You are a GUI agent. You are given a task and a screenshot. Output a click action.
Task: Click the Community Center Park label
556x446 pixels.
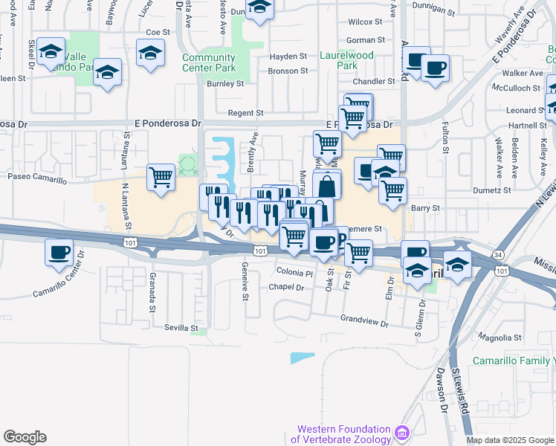tap(209, 62)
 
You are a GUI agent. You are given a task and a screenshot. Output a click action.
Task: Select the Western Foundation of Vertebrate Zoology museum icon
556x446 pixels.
tap(403, 432)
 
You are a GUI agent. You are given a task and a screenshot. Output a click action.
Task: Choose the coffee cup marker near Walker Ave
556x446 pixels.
tap(436, 68)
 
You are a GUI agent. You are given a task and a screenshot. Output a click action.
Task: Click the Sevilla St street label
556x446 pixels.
tap(181, 328)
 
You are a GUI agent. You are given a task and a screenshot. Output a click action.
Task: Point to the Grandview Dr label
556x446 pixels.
tap(364, 322)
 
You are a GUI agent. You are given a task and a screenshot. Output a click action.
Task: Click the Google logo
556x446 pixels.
tap(25, 436)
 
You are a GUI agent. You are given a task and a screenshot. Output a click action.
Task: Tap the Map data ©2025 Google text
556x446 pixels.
tap(510, 440)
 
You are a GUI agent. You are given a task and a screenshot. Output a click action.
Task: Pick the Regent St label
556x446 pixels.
tap(249, 113)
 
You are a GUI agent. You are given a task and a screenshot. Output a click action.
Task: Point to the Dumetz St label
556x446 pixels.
tap(492, 190)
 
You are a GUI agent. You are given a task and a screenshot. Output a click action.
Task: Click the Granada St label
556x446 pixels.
tap(152, 285)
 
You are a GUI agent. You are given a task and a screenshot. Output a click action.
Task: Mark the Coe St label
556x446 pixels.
tap(158, 32)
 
